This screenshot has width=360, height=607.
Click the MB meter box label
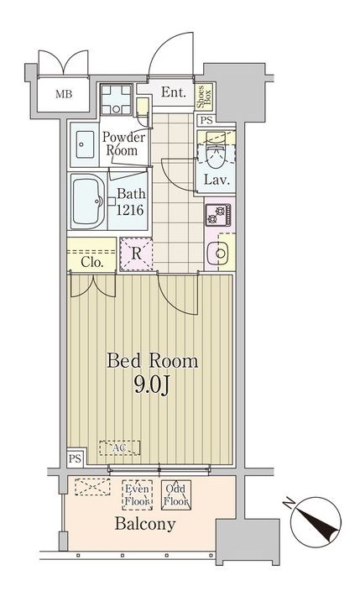[64, 94]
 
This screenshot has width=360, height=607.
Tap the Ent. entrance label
[174, 92]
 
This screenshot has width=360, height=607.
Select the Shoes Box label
[204, 97]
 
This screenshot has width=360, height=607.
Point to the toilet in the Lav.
[216, 153]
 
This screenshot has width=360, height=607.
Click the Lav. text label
[217, 180]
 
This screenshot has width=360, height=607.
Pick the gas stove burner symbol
[218, 215]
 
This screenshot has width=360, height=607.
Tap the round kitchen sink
[219, 254]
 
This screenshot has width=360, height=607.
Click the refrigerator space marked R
[136, 254]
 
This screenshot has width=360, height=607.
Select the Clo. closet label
[92, 263]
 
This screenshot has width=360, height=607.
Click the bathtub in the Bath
[88, 201]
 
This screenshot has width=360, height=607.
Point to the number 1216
[130, 210]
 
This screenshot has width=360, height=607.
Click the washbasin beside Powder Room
[85, 144]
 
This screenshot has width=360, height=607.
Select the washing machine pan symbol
[116, 100]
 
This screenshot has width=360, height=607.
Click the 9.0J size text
[152, 385]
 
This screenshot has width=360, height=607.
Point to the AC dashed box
[120, 447]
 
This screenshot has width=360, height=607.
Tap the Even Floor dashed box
[137, 495]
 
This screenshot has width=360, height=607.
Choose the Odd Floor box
[176, 495]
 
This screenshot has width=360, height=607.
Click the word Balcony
[145, 524]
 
